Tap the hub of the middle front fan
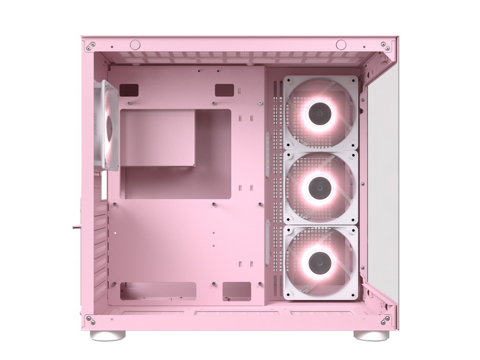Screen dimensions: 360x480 320,187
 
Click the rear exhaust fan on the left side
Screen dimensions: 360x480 107,126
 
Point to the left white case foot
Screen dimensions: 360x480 108,335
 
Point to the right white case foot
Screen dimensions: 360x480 371,335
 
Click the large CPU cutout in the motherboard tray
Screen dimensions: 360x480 175,154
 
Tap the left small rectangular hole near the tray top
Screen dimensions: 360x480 129,90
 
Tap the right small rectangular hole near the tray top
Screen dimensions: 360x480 225,90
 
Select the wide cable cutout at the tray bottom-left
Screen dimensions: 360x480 158,291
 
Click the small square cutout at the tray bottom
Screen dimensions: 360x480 237,291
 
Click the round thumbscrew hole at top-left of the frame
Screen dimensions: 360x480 135,45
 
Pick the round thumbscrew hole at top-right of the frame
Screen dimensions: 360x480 341,45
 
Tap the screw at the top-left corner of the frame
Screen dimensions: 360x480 90,46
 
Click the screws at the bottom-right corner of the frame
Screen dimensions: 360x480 385,320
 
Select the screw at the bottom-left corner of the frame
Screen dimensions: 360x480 90,320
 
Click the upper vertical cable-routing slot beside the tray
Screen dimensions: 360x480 268,154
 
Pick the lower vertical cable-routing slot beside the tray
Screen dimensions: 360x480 268,241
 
